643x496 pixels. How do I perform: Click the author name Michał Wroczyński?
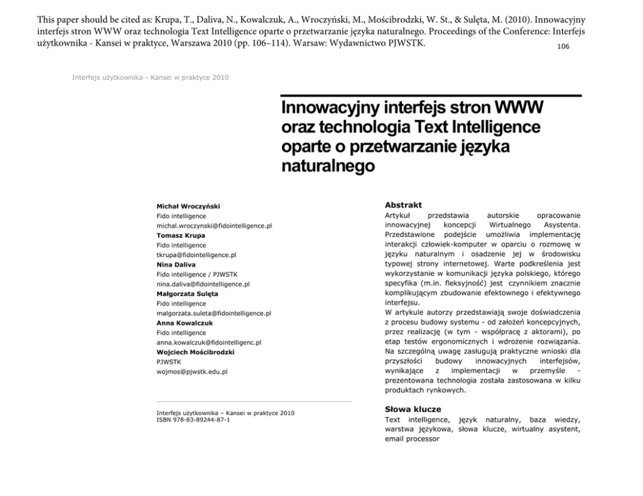click(188, 207)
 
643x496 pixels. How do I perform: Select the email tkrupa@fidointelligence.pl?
click(196, 255)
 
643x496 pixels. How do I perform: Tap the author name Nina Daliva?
click(176, 265)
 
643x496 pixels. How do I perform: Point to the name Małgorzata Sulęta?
click(187, 294)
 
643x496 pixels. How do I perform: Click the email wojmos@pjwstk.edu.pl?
click(192, 372)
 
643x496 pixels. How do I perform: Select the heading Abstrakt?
click(403, 205)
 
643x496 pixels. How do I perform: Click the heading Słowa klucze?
click(413, 409)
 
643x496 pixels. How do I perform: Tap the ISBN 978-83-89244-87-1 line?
click(193, 420)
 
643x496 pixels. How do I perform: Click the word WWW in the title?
click(518, 106)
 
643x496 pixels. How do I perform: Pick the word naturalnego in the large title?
click(328, 166)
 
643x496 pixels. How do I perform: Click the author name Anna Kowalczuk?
click(185, 323)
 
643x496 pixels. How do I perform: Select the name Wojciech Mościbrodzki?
click(195, 352)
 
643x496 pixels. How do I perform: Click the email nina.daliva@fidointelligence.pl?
click(203, 284)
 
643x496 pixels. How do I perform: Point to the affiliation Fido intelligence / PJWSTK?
click(197, 275)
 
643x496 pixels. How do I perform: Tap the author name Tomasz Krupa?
click(181, 236)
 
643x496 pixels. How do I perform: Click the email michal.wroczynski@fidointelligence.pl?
click(214, 226)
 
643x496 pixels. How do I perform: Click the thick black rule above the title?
click(431, 96)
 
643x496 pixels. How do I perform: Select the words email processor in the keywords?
click(412, 439)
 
